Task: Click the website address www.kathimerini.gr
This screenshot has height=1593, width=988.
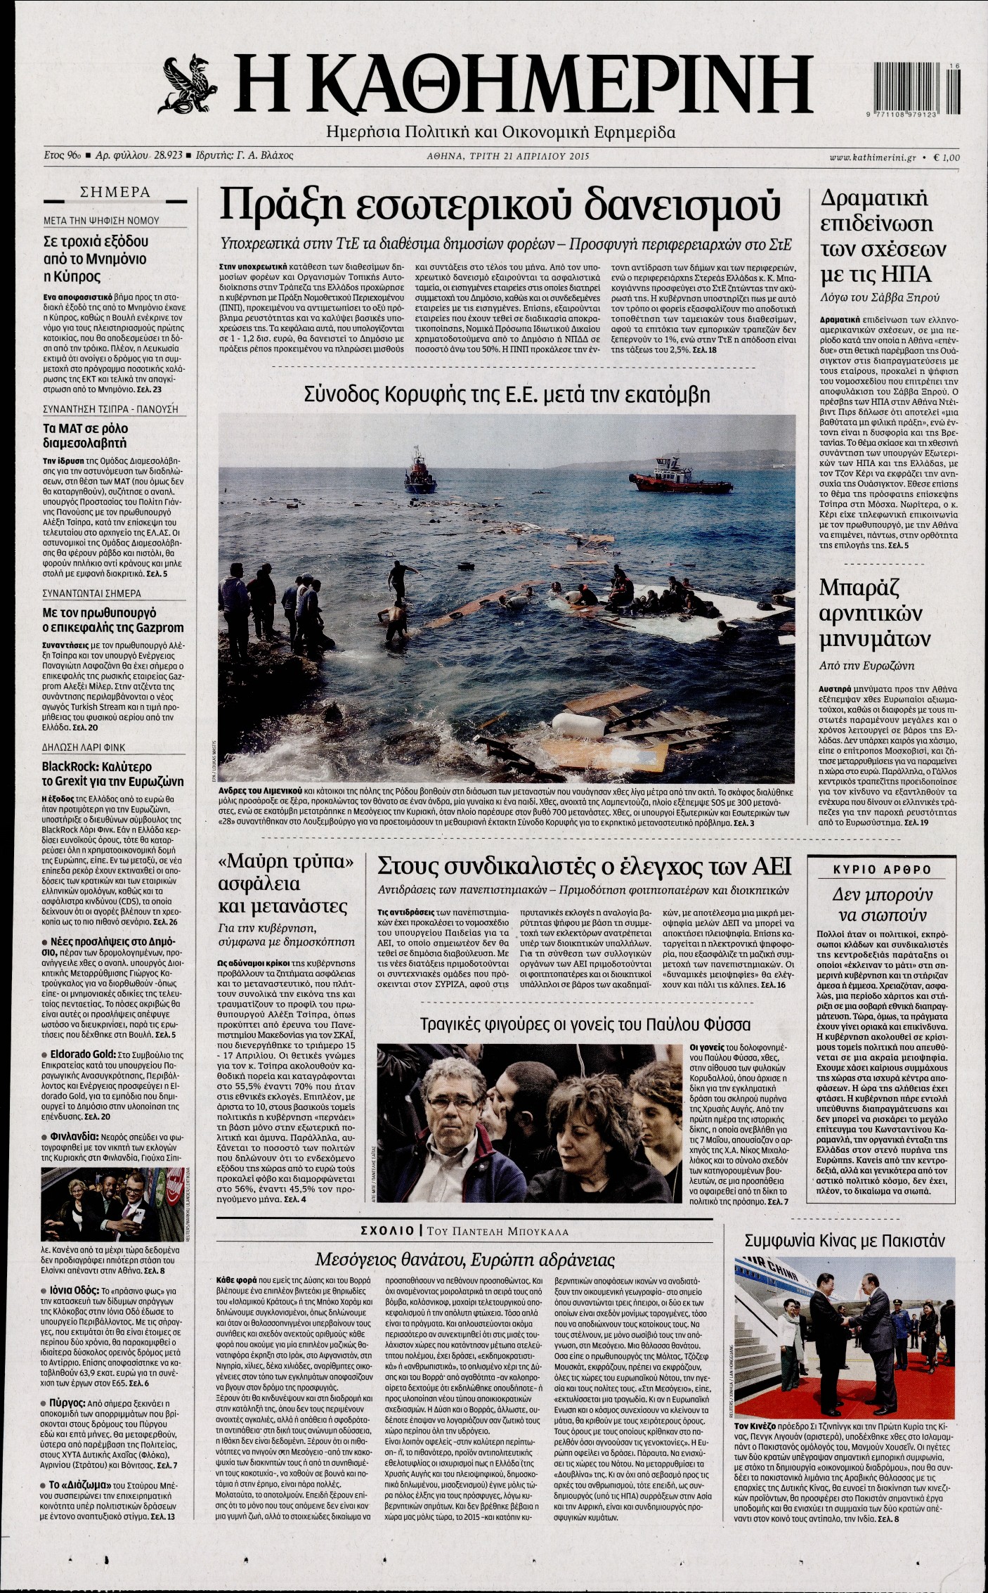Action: coord(869,157)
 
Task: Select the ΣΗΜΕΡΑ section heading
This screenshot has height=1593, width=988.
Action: coord(116,191)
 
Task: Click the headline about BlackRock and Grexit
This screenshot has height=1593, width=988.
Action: coord(112,773)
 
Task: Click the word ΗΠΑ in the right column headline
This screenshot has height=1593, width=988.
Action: coord(921,271)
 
